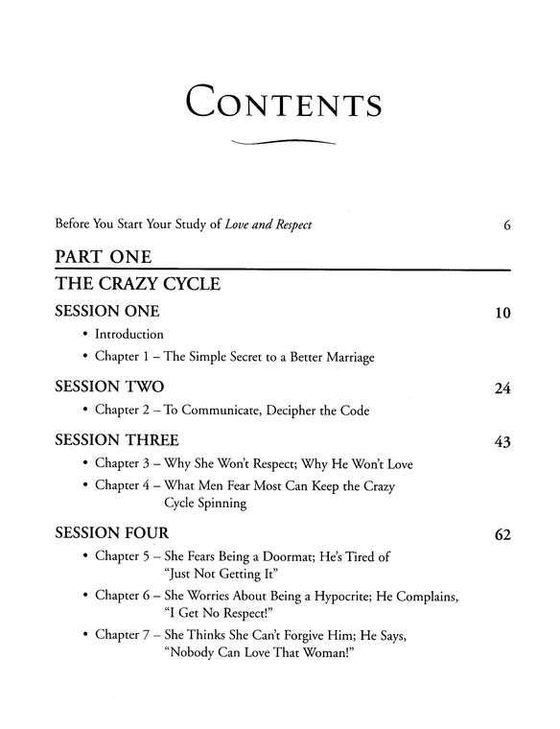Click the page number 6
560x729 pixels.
(505, 226)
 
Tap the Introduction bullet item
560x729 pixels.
(129, 335)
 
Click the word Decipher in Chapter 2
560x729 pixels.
(294, 410)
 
